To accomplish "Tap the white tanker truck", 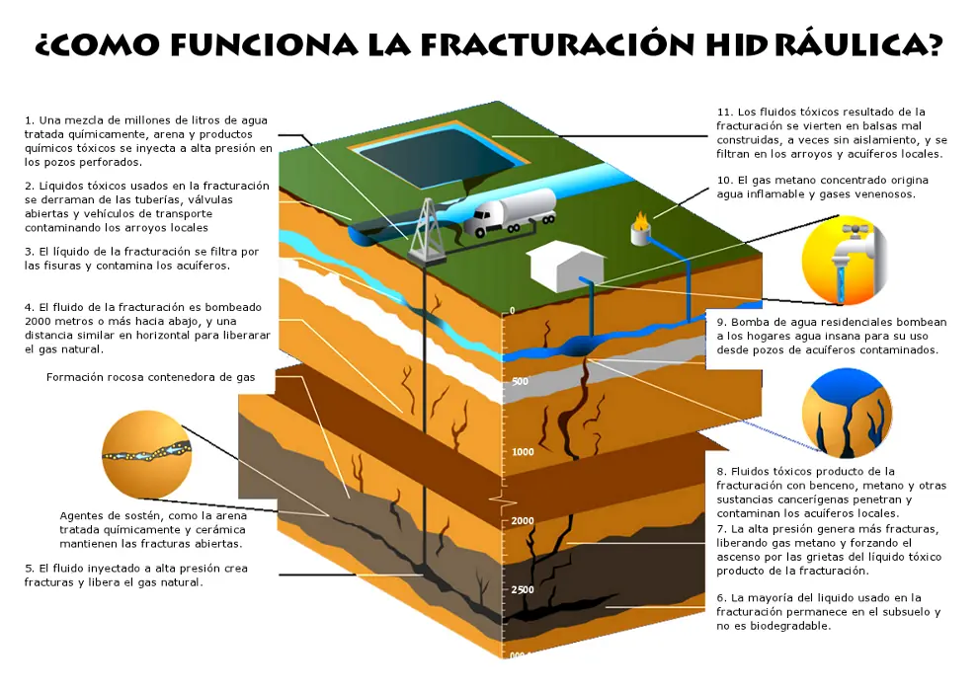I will tap(510, 211).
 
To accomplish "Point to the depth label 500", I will tap(522, 381).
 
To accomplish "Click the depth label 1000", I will tap(523, 451).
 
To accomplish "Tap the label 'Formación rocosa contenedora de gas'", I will tap(150, 377).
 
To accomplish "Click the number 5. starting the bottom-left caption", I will tap(30, 569).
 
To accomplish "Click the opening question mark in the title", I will tap(44, 46).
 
